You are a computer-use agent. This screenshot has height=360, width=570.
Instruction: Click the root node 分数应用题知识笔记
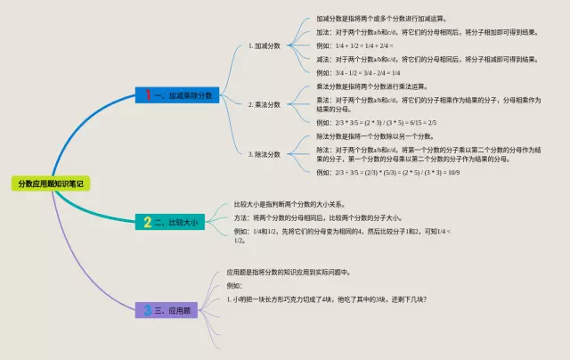pos(51,184)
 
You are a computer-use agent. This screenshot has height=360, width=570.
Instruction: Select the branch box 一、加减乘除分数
pos(177,94)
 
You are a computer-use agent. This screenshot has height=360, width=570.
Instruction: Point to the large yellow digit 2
pos(148,220)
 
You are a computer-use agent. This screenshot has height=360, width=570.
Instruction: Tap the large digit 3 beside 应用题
pos(148,310)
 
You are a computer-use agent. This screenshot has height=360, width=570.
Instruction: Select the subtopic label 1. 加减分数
pos(265,45)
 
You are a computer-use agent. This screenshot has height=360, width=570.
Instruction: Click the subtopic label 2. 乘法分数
pos(265,104)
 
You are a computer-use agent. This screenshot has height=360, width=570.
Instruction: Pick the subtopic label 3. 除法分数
pos(265,153)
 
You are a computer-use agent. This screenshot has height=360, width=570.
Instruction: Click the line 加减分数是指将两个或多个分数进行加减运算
pos(382,18)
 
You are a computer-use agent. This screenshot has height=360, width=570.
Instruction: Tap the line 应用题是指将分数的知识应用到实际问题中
pos(289,272)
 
